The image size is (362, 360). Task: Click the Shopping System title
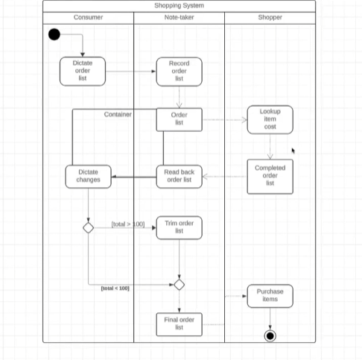click(179, 6)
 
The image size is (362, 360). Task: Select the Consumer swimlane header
click(88, 17)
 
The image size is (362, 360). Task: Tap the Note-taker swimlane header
click(179, 17)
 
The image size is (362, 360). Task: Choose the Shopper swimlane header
click(270, 17)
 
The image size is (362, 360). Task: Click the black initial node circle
click(54, 34)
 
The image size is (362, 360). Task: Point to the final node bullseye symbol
click(270, 335)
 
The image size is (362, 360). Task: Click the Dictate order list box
click(83, 72)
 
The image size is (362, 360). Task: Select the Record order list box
click(179, 72)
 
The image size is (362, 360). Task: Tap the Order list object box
click(179, 119)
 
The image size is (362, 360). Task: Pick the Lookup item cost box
click(270, 119)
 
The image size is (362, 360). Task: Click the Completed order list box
click(270, 176)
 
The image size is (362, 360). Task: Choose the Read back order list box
click(179, 176)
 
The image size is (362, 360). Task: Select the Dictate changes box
click(88, 176)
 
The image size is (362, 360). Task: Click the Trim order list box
click(179, 227)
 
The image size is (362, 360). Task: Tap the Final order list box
click(179, 324)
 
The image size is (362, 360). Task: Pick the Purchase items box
click(270, 296)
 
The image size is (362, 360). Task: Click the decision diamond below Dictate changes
click(88, 227)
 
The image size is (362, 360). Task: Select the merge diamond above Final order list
click(179, 284)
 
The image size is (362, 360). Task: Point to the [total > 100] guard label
click(127, 224)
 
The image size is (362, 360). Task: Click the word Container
click(118, 115)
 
